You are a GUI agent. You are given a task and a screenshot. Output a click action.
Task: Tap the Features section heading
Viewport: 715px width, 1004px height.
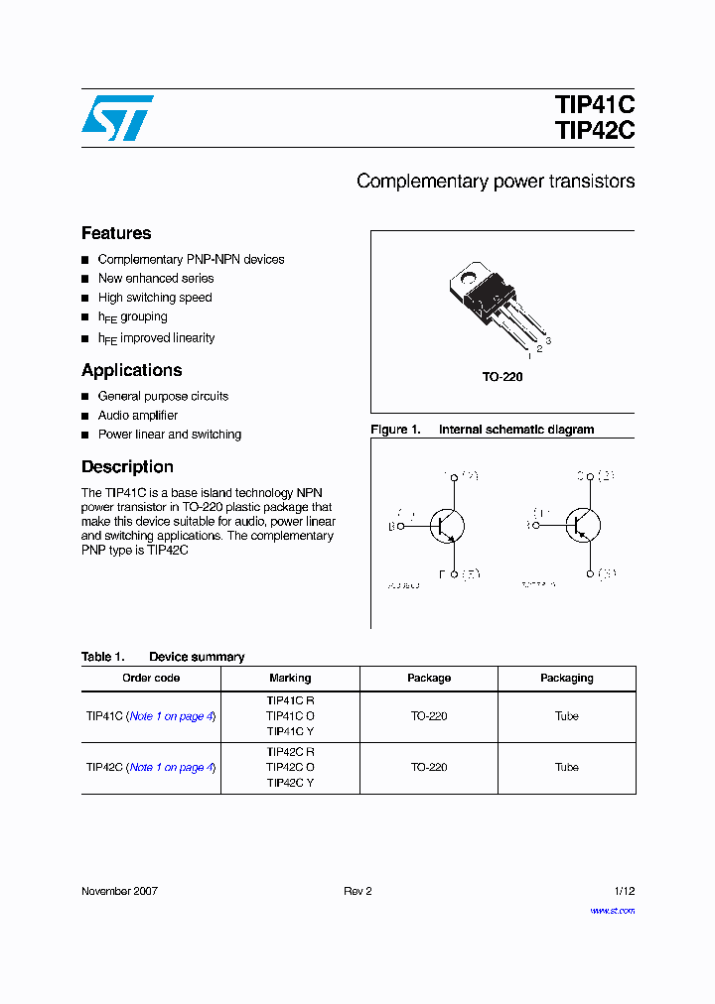tap(116, 233)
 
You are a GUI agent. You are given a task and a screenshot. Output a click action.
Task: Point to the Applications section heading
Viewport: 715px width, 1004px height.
tap(132, 370)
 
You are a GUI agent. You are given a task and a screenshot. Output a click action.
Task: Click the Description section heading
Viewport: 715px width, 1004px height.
tap(127, 466)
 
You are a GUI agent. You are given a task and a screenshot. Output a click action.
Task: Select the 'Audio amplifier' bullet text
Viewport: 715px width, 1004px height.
tap(138, 416)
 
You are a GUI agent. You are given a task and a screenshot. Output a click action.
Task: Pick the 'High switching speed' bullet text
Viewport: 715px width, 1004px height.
tap(155, 298)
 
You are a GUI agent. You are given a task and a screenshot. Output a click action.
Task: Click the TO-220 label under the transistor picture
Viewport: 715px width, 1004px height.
tap(502, 377)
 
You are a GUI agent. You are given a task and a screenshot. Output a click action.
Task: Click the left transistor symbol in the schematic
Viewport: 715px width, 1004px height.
tap(447, 526)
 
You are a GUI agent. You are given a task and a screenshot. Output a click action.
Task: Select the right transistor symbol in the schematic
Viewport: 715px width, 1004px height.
tap(583, 525)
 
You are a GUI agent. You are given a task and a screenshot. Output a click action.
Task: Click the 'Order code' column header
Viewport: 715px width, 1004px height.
tap(151, 679)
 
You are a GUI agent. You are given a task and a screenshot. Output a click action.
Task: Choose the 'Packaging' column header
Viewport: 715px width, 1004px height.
tap(567, 679)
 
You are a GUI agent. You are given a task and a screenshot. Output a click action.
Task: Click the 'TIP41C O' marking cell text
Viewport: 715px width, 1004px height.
tap(290, 715)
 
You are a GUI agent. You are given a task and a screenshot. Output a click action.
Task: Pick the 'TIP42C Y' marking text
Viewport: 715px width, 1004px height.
tap(290, 783)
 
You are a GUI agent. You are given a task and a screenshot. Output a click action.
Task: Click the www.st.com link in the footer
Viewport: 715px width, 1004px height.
tap(613, 910)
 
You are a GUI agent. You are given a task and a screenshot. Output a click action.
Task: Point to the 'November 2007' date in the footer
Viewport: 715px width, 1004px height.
tap(119, 891)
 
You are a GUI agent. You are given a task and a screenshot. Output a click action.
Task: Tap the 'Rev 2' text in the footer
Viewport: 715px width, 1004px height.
tap(357, 891)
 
